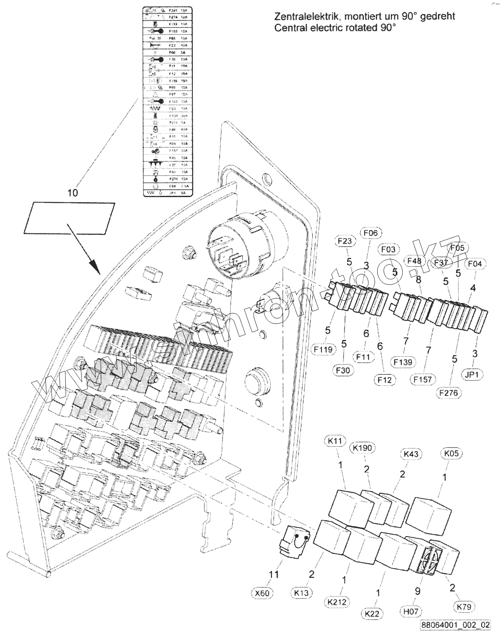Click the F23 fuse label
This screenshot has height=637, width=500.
pos(345,241)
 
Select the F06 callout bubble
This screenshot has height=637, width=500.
pos(370,233)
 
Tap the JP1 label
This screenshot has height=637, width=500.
pos(473,374)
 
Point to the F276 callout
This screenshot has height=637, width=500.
pos(450,392)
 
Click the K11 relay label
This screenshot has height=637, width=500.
pos(335,440)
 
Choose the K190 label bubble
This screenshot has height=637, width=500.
pos(362,447)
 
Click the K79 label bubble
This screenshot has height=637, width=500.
pos(463,607)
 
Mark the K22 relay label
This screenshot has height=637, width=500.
pos(373,613)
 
